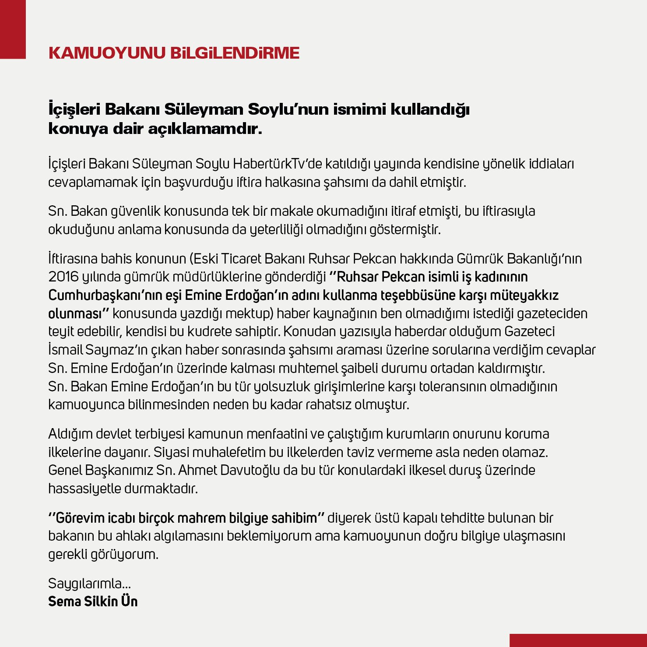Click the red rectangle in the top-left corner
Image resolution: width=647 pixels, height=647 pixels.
[x=13, y=29]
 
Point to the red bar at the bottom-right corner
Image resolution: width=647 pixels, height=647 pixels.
[x=578, y=640]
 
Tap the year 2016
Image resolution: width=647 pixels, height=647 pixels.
[x=63, y=277]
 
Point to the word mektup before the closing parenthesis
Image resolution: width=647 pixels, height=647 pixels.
[x=249, y=313]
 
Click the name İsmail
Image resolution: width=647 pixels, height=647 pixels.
[x=65, y=350]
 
